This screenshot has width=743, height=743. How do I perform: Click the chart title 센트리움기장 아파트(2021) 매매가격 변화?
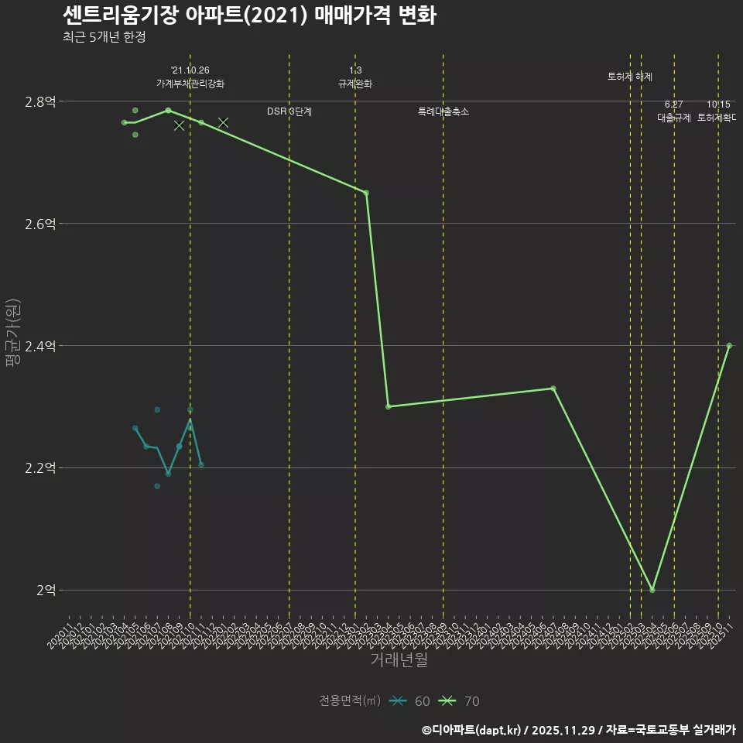pos(249,15)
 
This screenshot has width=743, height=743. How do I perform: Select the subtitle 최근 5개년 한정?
pos(104,36)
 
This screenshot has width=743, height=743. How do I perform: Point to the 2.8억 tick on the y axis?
pos(41,101)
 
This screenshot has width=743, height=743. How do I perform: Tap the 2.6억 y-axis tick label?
pos(41,224)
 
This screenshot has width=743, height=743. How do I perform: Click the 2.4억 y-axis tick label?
pos(41,346)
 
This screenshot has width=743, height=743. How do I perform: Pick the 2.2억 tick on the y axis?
pos(41,468)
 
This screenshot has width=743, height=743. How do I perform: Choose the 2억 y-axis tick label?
pos(46,591)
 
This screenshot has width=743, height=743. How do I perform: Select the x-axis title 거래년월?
pos(399,660)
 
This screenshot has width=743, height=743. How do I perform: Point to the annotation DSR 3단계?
pos(289,111)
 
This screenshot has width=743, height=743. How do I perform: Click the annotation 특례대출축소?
pos(443,111)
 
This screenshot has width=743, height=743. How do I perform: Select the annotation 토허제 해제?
pos(630,77)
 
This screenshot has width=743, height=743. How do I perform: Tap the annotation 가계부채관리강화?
pos(190,84)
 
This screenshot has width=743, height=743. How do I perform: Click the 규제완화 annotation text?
pos(355,84)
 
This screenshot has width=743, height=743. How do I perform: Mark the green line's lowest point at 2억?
pos(652,590)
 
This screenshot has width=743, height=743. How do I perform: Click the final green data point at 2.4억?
pos(729,346)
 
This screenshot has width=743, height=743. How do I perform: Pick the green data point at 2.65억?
pos(366,193)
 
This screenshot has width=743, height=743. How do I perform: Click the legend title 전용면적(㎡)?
pos(350,701)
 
